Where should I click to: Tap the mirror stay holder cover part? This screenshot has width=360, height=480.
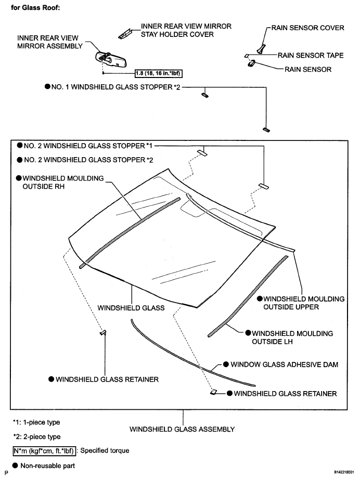124,34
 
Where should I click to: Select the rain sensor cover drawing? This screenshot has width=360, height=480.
260,49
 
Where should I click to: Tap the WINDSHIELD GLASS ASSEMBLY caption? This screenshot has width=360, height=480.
182,429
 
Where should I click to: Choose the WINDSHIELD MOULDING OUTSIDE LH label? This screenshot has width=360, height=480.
292,337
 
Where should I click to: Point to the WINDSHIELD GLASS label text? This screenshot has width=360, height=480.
131,307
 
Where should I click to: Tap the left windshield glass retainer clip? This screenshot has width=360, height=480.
103,332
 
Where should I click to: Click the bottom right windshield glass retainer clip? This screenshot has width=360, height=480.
214,392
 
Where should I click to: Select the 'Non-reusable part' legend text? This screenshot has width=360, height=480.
48,465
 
